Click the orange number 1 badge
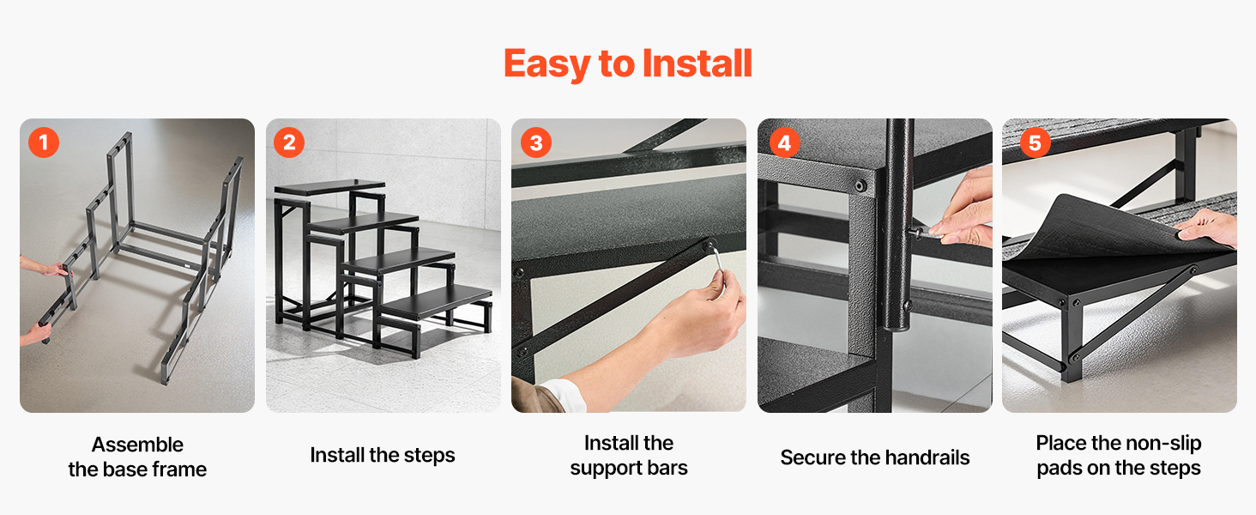click(44, 142)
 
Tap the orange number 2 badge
click(289, 142)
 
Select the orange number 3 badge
click(536, 142)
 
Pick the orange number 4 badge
click(784, 142)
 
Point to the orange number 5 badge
click(1035, 142)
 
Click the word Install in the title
click(697, 63)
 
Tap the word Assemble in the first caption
click(137, 445)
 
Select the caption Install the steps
click(383, 455)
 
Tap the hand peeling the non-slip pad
click(1211, 227)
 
